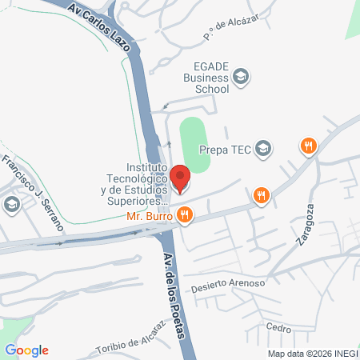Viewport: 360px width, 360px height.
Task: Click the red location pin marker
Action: [181, 178]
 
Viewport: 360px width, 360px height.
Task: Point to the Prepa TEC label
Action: [226, 148]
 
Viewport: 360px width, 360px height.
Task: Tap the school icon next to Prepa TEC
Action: [264, 148]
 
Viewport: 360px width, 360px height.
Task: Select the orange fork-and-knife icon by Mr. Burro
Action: [185, 214]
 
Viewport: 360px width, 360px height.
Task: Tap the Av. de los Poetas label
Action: [176, 293]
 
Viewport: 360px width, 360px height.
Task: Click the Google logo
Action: [27, 350]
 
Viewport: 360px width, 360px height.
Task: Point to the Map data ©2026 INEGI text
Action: [312, 354]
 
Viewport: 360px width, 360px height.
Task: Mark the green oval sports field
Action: [194, 144]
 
